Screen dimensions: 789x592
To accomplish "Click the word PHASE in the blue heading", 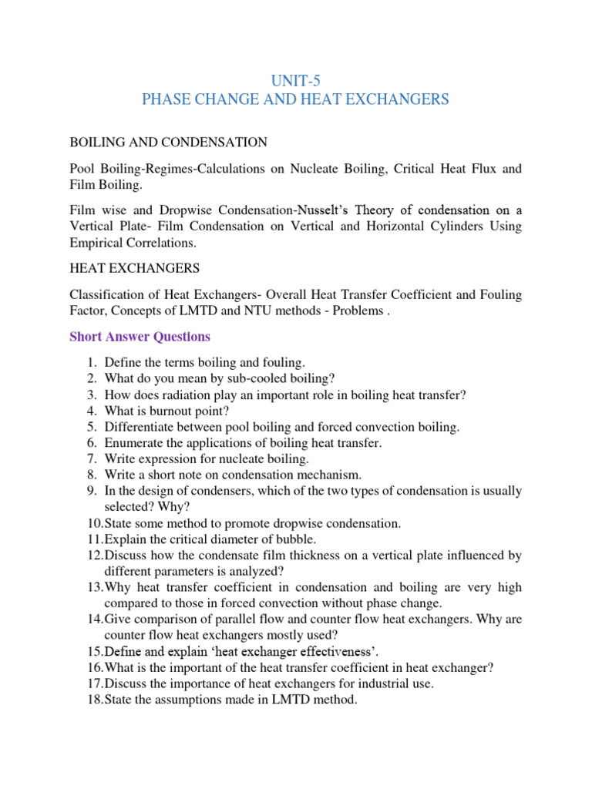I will (x=169, y=99).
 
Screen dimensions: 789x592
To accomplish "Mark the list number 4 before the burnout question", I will (x=90, y=411).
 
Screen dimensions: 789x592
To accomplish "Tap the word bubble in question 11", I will (x=253, y=539).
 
